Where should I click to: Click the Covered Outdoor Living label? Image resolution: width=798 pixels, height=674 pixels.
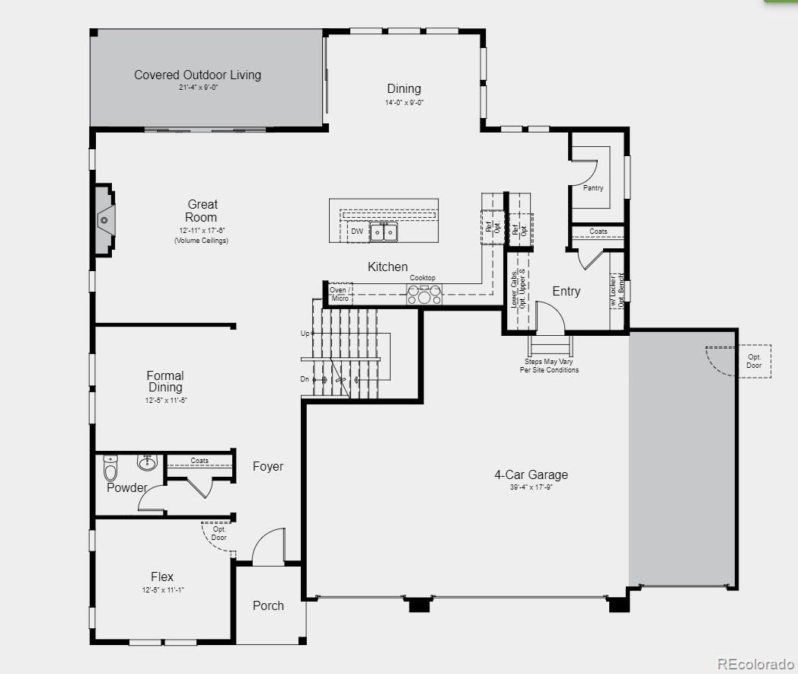197,75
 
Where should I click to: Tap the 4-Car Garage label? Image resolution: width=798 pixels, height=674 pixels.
531,474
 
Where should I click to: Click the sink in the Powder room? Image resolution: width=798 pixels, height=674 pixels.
147,462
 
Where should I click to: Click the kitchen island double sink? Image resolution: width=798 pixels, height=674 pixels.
384,231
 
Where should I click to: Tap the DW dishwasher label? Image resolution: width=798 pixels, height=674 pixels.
356,231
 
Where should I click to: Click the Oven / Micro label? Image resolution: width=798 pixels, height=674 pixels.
340,294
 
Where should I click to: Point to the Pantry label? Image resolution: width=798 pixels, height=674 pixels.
593,187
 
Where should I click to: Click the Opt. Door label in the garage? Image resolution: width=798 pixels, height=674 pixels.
754,361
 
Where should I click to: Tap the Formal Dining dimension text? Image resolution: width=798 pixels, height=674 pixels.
165,401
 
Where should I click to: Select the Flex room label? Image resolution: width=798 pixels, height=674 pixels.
162,577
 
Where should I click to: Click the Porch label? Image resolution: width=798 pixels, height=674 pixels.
268,605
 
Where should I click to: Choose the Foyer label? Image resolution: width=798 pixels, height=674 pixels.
268,466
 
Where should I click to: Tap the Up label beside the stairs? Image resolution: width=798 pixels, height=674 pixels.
305,334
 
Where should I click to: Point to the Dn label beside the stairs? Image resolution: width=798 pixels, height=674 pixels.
305,379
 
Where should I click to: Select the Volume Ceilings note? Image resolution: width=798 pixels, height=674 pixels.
201,241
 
